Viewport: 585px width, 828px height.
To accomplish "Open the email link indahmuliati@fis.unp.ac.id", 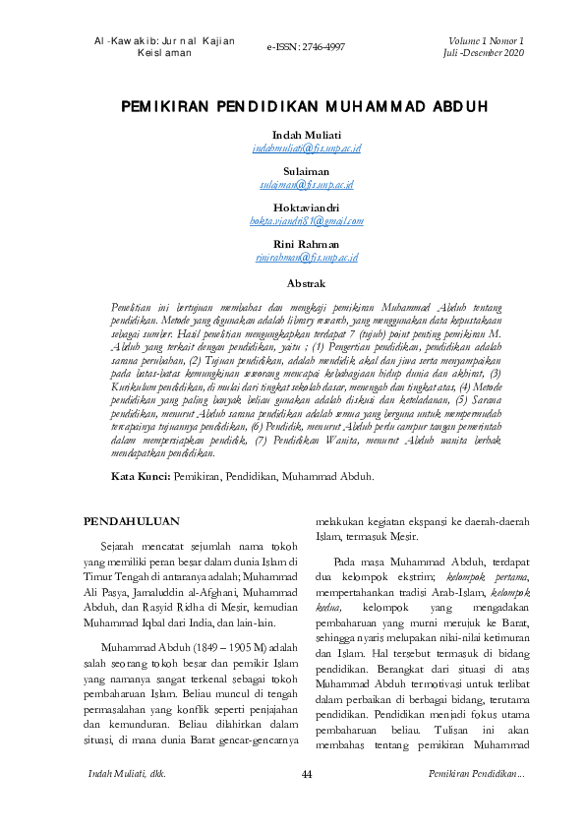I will [x=307, y=148].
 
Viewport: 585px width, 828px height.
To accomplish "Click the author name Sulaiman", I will [x=306, y=171].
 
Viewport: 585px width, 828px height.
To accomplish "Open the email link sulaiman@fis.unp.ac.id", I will [x=307, y=184].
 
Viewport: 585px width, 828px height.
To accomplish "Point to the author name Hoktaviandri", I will [x=306, y=207].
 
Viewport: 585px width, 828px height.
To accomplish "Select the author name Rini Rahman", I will [x=306, y=244].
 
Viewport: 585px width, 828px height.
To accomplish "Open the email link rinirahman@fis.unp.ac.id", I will [x=307, y=257].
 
